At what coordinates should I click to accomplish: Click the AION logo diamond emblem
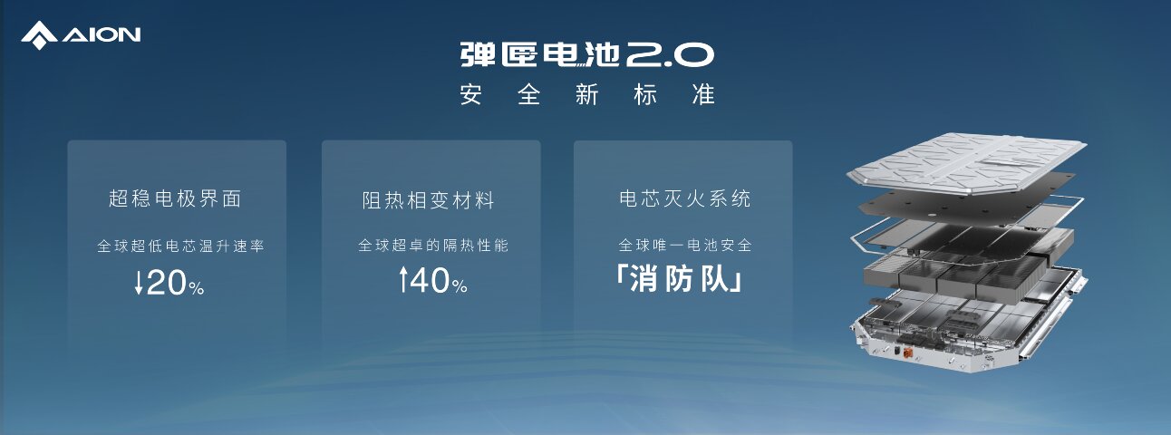(x=39, y=35)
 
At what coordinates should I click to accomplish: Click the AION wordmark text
(x=102, y=35)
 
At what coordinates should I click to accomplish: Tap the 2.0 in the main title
(x=670, y=54)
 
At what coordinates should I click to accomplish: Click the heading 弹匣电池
(x=539, y=54)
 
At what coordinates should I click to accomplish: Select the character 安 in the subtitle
(x=471, y=94)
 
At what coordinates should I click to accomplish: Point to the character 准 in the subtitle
(x=703, y=94)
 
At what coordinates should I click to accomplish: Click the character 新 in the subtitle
(x=587, y=94)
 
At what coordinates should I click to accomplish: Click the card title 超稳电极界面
(x=175, y=198)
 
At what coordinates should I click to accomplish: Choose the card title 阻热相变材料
(x=428, y=200)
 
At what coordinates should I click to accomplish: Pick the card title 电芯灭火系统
(x=685, y=198)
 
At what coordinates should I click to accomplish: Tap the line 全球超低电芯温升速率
(x=181, y=246)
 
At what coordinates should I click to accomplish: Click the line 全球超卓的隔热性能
(x=433, y=245)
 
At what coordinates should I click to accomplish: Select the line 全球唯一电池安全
(x=685, y=245)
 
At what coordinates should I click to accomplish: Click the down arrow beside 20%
(x=139, y=283)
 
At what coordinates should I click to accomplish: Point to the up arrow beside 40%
(x=403, y=279)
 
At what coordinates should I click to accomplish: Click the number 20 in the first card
(x=166, y=283)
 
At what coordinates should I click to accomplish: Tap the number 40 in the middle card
(x=430, y=280)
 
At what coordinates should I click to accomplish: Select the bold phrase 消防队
(x=679, y=279)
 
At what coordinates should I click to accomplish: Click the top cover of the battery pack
(x=966, y=162)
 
